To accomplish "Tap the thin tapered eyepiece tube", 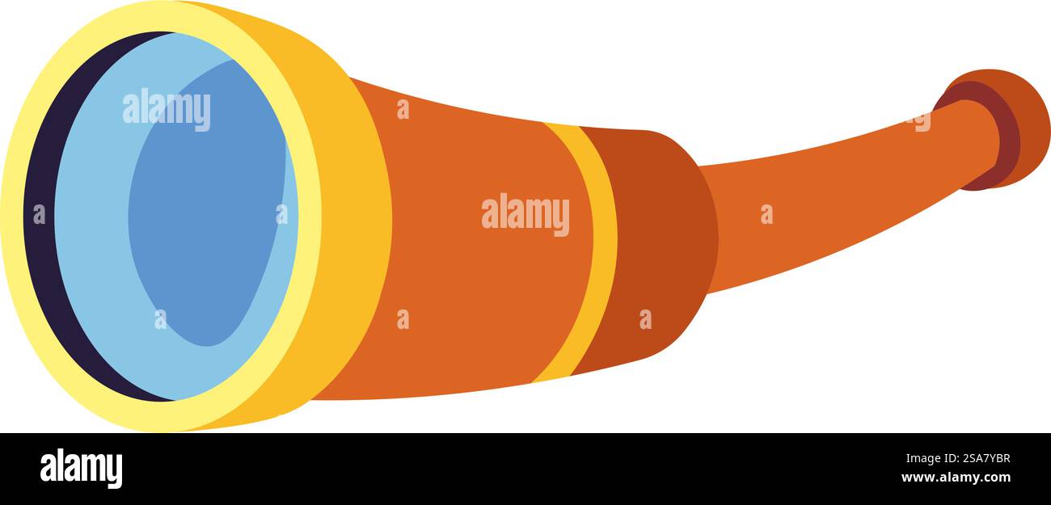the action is pyautogui.click(x=835, y=197).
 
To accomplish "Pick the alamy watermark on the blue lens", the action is pyautogui.click(x=166, y=109).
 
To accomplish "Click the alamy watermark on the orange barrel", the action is pyautogui.click(x=525, y=214).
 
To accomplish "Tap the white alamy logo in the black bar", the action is pyautogui.click(x=81, y=468).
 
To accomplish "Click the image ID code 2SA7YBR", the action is pyautogui.click(x=986, y=458).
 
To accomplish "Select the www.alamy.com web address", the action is pyautogui.click(x=956, y=478).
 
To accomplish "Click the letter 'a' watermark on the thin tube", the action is pyautogui.click(x=766, y=214).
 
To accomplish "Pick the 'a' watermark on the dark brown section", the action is pyautogui.click(x=646, y=319).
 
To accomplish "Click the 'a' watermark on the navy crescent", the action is pyautogui.click(x=40, y=214).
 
